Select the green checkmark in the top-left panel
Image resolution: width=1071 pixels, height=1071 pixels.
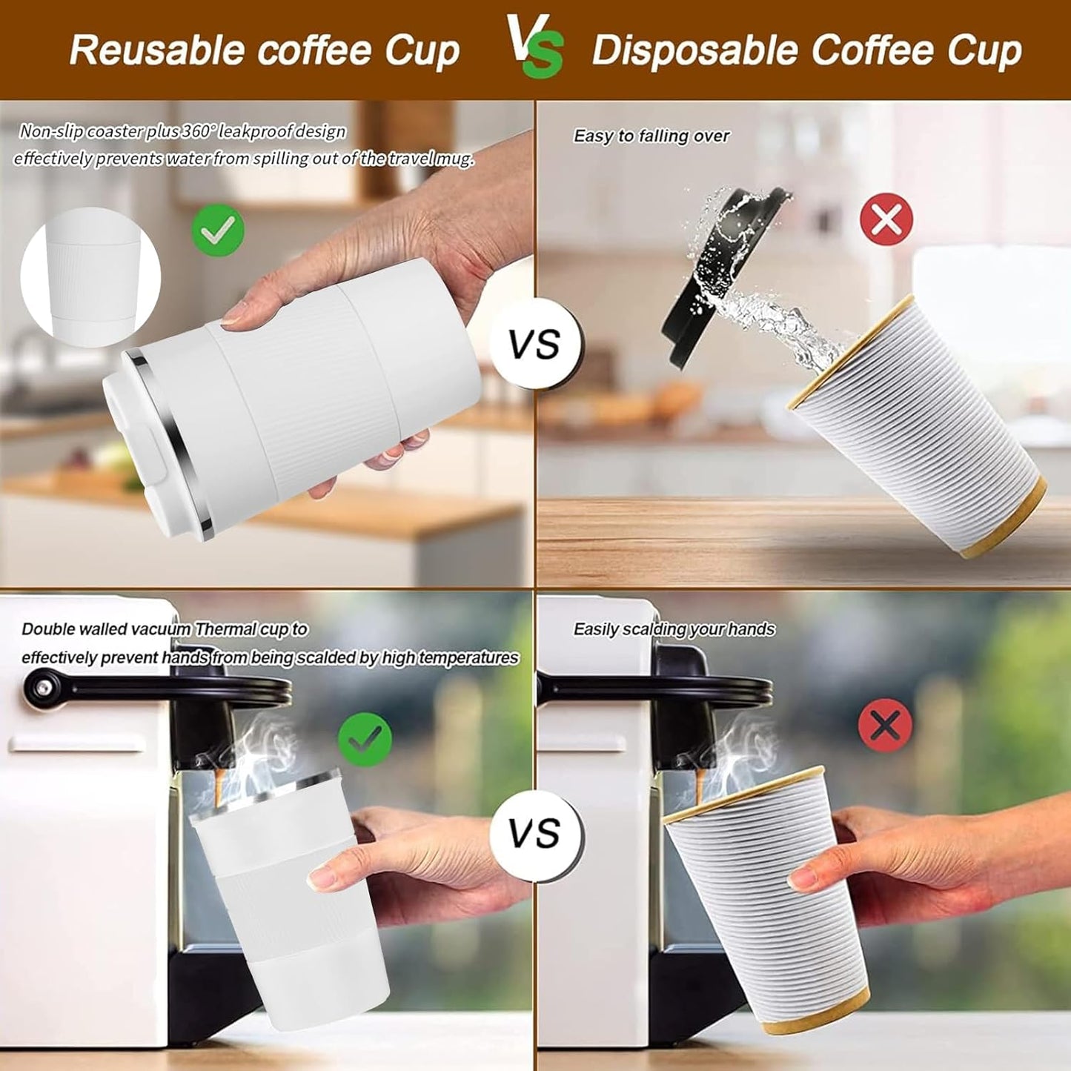tap(218, 231)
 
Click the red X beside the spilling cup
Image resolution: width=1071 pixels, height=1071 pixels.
tap(886, 219)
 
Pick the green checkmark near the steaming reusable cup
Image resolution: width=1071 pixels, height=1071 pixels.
tap(365, 738)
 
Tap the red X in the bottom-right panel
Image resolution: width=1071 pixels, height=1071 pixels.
tap(885, 724)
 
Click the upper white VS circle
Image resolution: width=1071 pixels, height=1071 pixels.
tap(535, 345)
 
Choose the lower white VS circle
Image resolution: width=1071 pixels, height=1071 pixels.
tap(535, 834)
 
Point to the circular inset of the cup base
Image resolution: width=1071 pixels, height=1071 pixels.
tap(90, 277)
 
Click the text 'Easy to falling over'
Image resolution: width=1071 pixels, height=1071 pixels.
tap(651, 136)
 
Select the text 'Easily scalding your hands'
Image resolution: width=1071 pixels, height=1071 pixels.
tap(674, 629)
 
